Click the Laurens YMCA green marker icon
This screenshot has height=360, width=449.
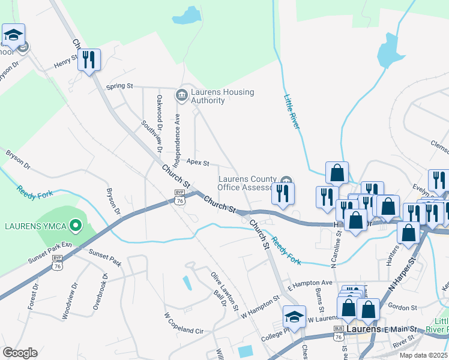click(x=75, y=226)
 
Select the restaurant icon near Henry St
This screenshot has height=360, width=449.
click(x=89, y=60)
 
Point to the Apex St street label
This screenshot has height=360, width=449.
click(x=197, y=162)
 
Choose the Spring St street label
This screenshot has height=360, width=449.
click(x=119, y=86)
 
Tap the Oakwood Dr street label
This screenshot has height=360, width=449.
click(x=159, y=112)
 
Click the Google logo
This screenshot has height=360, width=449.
click(x=19, y=353)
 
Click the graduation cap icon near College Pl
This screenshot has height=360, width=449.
click(x=294, y=316)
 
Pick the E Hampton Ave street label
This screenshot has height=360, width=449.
click(x=310, y=283)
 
